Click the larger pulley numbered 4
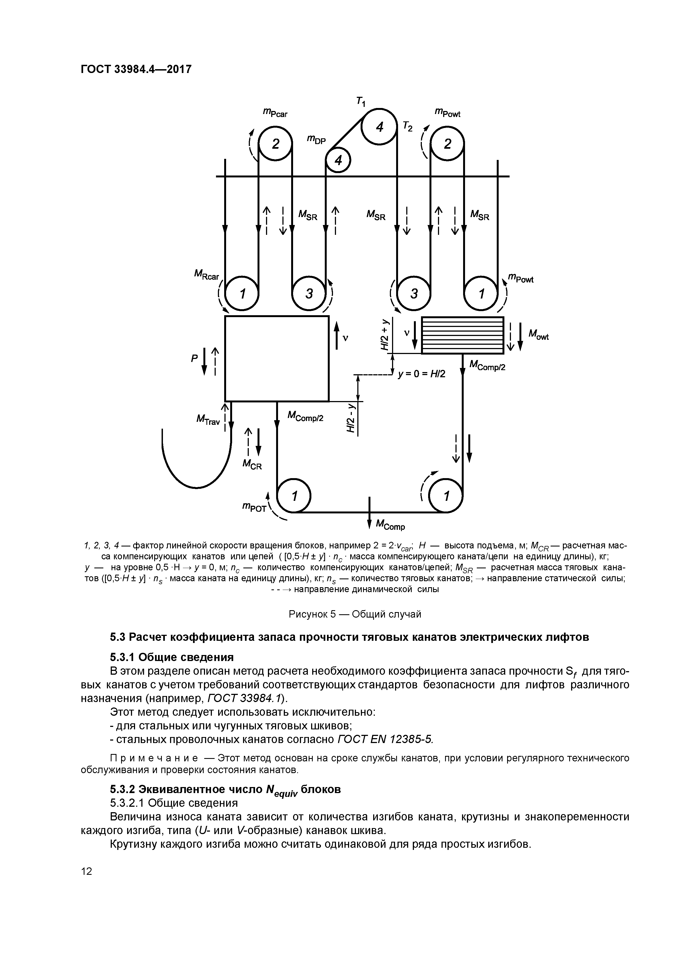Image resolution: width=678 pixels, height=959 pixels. pos(379,127)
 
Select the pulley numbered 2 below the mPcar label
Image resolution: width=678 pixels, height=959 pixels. pos(275,144)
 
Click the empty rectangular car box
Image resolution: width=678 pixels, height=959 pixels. pos(277,358)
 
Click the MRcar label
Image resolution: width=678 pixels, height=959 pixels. pos(206,275)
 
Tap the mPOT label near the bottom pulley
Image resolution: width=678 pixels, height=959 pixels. pos(254,508)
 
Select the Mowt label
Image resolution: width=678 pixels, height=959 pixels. pos(538,335)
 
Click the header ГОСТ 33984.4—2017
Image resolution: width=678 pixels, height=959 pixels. pos(136,69)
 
